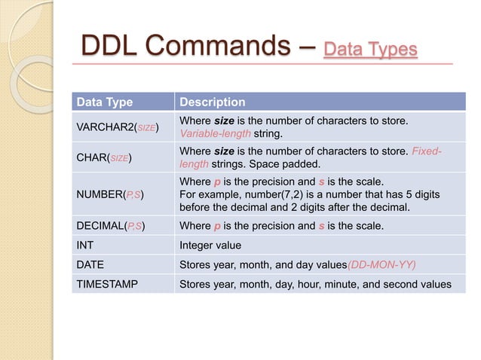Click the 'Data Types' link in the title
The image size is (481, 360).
pos(369,50)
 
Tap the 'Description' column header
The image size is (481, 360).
pos(212,102)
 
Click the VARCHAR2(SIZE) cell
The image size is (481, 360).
pos(116,128)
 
